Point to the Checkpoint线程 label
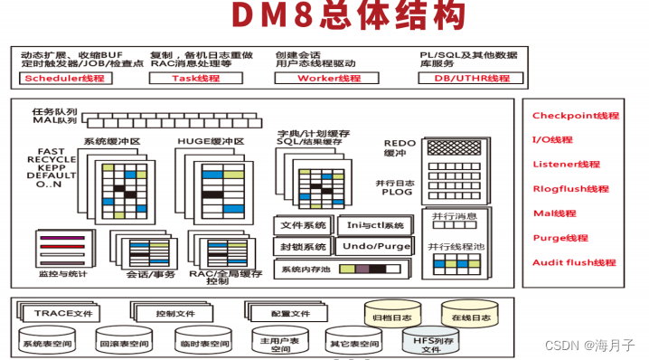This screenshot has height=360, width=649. (575, 116)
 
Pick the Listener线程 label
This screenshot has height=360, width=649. (567, 165)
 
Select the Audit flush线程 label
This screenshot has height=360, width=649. (574, 262)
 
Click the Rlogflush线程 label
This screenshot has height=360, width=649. (570, 189)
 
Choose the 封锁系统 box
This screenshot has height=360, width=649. (303, 247)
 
